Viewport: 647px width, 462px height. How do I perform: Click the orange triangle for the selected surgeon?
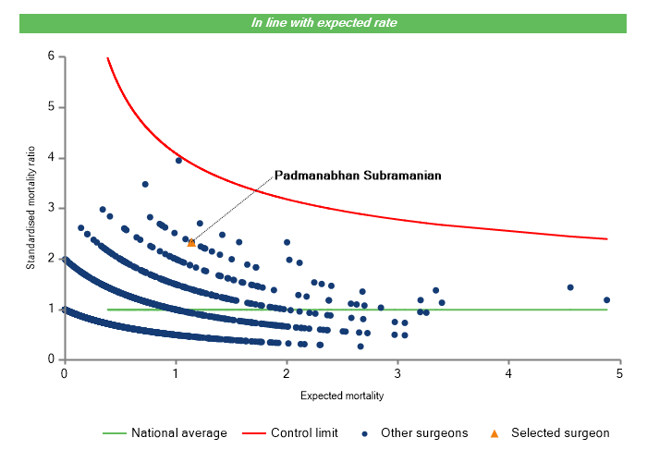tap(191, 242)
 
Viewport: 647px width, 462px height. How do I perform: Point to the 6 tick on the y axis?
tap(51, 56)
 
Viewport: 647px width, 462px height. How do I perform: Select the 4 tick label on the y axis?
tap(51, 158)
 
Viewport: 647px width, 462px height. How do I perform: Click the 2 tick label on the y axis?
tap(51, 259)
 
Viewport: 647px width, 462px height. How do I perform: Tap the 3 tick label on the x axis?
tap(397, 373)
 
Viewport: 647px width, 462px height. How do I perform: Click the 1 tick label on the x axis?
tap(175, 373)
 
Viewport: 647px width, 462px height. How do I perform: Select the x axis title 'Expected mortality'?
tap(342, 395)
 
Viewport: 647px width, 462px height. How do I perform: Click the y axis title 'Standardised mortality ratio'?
tap(31, 209)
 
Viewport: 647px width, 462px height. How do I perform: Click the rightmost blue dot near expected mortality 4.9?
tap(607, 300)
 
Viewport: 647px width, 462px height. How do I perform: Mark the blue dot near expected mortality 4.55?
tap(570, 287)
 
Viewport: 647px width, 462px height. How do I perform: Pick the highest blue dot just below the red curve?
tap(178, 160)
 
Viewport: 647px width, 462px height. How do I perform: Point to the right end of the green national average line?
tap(607, 310)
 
